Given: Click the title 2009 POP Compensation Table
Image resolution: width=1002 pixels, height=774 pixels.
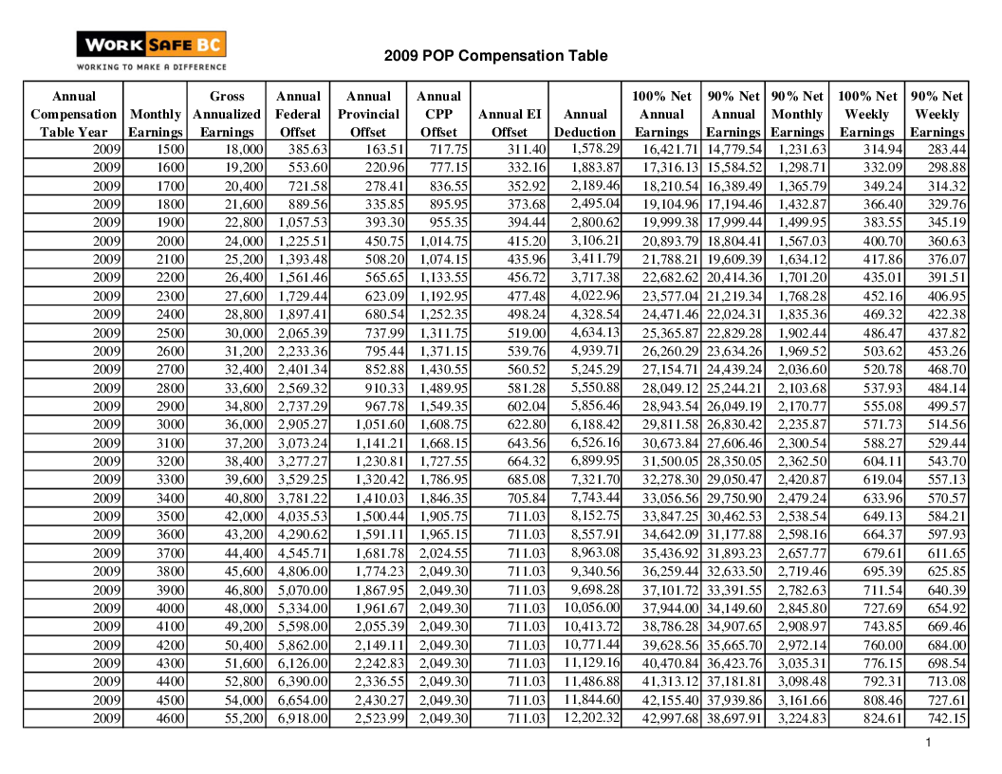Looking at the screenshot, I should (x=495, y=56).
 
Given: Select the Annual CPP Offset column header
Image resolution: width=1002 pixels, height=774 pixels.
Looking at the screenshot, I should (x=438, y=114).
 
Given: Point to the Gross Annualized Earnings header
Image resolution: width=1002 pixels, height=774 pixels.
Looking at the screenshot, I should (x=227, y=114).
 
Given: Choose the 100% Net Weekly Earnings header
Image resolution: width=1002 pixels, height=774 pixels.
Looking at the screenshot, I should (x=866, y=114).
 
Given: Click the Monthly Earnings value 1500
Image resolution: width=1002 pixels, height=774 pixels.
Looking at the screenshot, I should (x=171, y=150).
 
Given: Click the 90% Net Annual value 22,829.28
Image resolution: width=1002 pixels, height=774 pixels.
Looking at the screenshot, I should (x=733, y=333).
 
